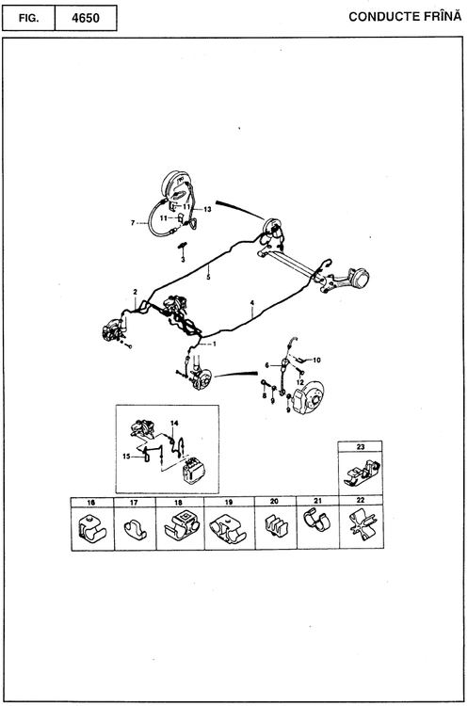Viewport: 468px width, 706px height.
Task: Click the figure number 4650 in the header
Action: [x=86, y=19]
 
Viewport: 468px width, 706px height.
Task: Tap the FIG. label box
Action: [x=28, y=19]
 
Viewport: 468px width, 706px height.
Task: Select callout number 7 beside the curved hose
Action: [x=133, y=223]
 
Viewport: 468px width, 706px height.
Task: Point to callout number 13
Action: [x=207, y=209]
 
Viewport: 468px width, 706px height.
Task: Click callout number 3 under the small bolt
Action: [x=183, y=260]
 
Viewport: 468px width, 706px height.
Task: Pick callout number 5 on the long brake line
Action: [x=208, y=278]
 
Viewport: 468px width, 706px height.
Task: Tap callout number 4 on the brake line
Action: [x=252, y=303]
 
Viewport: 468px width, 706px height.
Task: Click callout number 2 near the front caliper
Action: [x=136, y=292]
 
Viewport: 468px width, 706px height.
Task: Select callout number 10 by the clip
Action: [x=316, y=361]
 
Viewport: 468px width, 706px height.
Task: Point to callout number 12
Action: [x=300, y=383]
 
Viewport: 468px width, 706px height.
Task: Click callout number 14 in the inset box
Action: [x=174, y=424]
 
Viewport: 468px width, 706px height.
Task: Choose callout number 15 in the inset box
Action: [x=126, y=457]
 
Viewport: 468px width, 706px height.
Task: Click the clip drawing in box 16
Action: [x=91, y=527]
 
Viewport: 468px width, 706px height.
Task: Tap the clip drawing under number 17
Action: [x=135, y=528]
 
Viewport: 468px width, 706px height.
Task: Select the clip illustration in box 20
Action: [x=275, y=525]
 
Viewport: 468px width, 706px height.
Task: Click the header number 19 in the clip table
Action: [x=229, y=502]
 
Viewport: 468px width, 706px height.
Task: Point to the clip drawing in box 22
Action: [x=363, y=524]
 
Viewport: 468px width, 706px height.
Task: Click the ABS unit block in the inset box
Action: [x=194, y=471]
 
